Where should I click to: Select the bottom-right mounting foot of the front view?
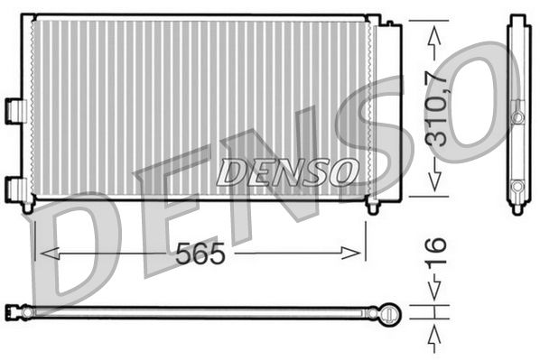(x=372, y=207)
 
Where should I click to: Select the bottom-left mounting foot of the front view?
(x=29, y=207)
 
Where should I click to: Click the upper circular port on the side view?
(x=517, y=117)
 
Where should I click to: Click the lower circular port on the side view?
(x=517, y=187)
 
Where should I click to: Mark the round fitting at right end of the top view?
(x=389, y=312)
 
